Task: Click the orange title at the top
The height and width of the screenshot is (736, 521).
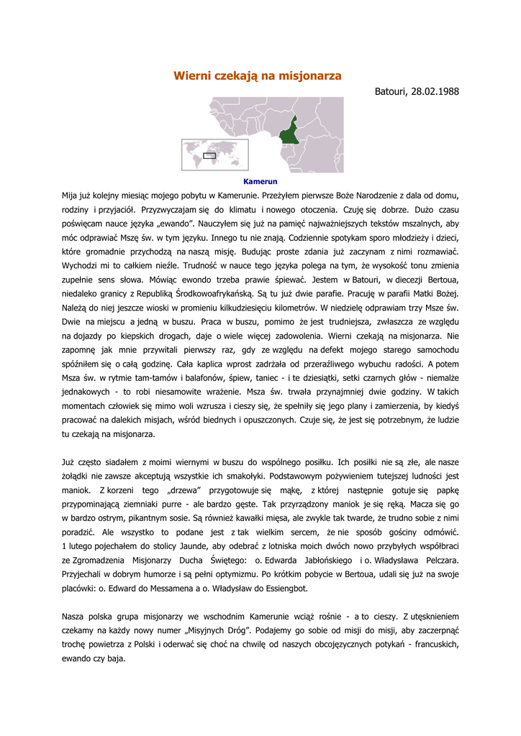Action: point(258,75)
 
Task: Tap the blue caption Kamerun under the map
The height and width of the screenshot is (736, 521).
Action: point(260,182)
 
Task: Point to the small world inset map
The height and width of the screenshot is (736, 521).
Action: point(214,155)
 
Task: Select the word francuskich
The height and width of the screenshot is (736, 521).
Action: point(431,643)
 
